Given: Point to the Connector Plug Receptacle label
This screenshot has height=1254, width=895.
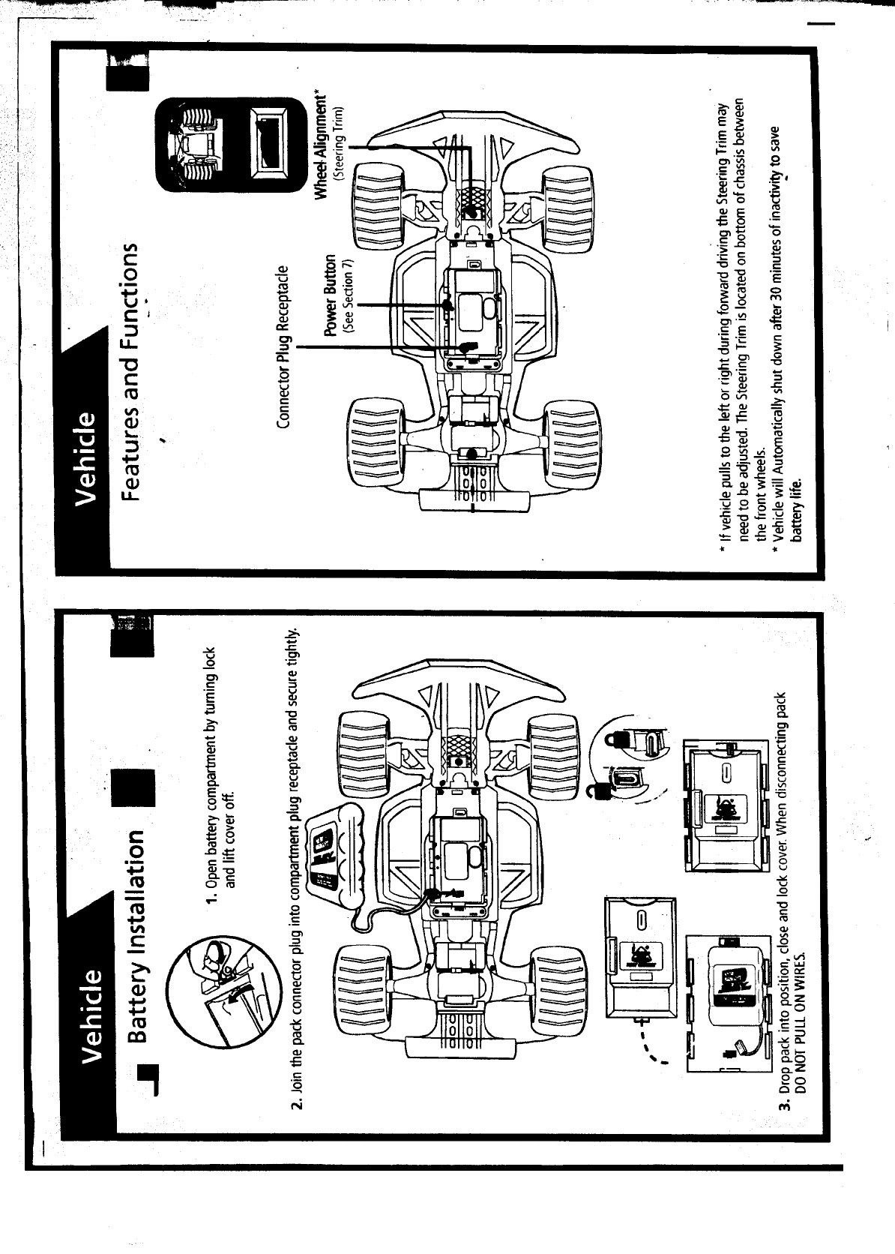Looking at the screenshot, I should pos(283,346).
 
